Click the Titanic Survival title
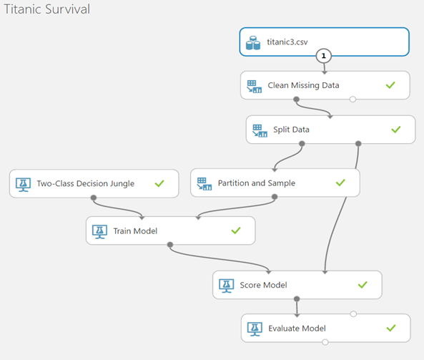46,9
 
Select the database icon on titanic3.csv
253,43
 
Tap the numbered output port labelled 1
324,56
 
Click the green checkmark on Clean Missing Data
390,85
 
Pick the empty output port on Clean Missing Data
352,99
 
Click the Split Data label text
291,130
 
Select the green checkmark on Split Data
396,130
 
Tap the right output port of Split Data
358,143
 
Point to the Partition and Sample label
257,183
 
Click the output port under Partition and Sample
275,197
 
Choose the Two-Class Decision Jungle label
86,183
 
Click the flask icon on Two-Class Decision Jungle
24,185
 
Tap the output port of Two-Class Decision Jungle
94,198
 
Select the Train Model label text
135,231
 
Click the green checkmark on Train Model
236,230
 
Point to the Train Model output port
170,245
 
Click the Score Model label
263,285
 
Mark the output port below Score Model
297,299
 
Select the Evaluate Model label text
297,329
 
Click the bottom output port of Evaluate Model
325,342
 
